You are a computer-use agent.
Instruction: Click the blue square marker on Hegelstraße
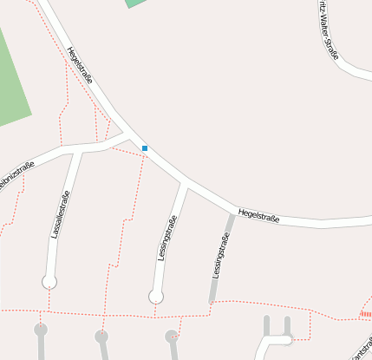click(x=145, y=148)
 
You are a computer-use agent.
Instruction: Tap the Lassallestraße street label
click(x=60, y=214)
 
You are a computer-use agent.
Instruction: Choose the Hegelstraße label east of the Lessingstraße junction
click(x=258, y=214)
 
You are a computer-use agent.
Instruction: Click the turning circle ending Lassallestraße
click(x=49, y=281)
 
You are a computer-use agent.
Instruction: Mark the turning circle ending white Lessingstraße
click(x=156, y=297)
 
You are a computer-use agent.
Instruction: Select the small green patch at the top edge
click(x=136, y=3)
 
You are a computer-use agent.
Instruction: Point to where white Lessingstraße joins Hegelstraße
click(x=185, y=184)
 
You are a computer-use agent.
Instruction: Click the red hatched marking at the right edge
click(x=366, y=313)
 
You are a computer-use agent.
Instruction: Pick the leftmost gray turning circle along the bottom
click(x=40, y=330)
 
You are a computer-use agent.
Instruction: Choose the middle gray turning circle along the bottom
click(x=101, y=336)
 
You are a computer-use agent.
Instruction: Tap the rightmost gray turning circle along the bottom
click(x=172, y=336)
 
